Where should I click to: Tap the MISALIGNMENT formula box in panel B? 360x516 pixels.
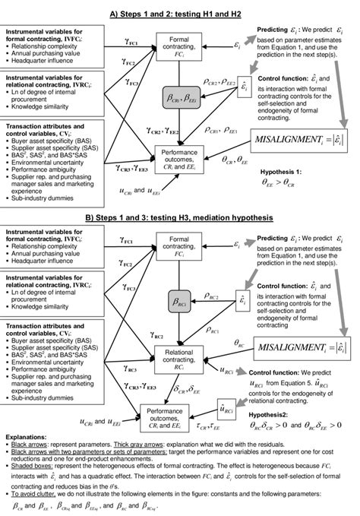click(303, 347)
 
